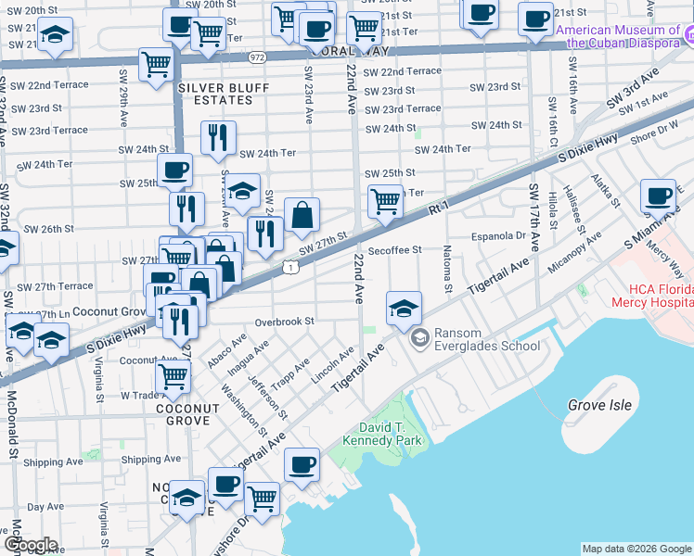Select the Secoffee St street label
click(x=394, y=249)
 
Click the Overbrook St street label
click(x=286, y=322)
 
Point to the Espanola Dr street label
click(x=499, y=235)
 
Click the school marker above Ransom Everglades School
click(x=404, y=310)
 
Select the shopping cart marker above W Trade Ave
click(x=173, y=376)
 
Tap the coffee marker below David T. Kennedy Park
click(x=301, y=466)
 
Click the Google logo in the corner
click(x=31, y=545)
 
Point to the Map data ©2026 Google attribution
click(x=636, y=549)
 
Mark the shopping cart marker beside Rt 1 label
click(x=385, y=200)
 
